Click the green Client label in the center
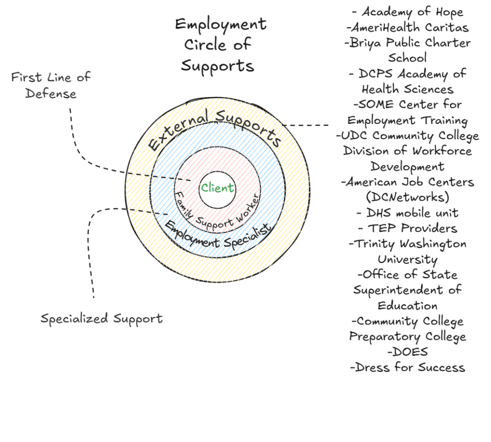coord(217,188)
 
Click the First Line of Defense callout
coord(50,85)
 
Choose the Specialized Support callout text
coord(101,319)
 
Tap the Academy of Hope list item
coord(408,12)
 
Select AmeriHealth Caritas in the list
coord(408,27)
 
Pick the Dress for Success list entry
coord(408,368)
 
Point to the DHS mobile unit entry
coord(408,213)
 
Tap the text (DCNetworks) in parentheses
coord(408,197)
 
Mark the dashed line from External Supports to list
coord(307,125)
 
